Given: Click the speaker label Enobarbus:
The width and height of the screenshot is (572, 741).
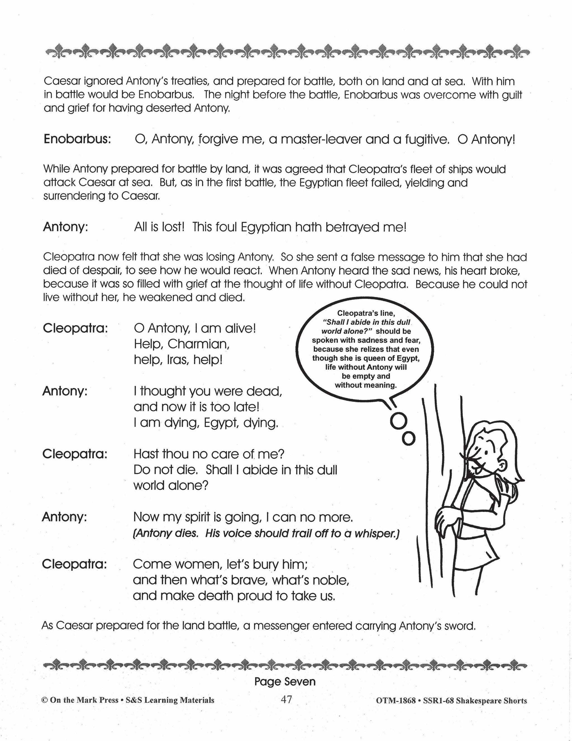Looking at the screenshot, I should click(77, 140).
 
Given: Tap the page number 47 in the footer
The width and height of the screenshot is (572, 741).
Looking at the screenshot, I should click(286, 699).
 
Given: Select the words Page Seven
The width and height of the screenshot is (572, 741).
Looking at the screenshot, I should click(285, 682).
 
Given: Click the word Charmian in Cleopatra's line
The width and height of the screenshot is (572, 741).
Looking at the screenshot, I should click(199, 344).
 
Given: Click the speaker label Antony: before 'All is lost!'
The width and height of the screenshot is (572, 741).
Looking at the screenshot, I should click(65, 227).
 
